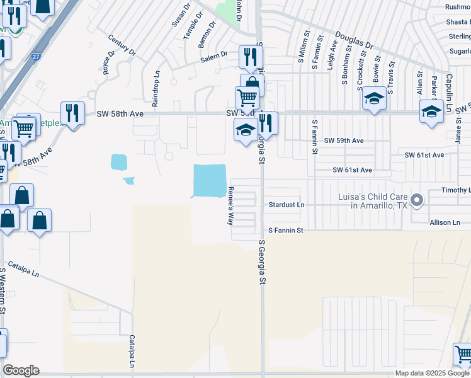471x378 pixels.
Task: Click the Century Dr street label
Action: click(122, 45)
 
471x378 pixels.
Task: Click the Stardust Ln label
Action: click(287, 205)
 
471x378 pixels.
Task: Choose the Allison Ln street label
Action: click(445, 222)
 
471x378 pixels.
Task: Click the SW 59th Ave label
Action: click(344, 140)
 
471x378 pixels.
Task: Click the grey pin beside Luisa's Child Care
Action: click(417, 201)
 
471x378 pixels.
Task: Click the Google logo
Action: click(21, 370)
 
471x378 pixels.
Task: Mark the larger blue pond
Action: click(209, 180)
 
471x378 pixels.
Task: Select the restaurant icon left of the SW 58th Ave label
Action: click(72, 113)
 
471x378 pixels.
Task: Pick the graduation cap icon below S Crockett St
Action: click(374, 98)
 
